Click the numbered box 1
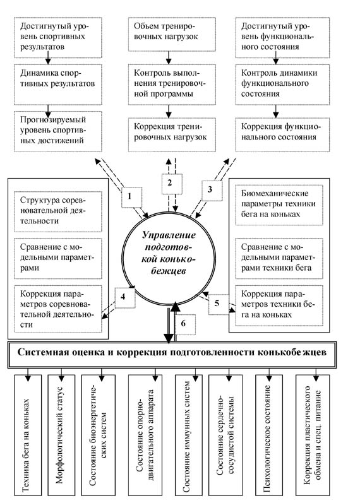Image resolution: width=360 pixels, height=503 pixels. (131, 197)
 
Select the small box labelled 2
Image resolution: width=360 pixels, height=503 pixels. (172, 184)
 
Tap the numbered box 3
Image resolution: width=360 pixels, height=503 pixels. (212, 191)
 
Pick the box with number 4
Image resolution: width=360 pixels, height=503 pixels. (125, 298)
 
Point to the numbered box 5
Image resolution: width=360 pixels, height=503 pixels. (219, 304)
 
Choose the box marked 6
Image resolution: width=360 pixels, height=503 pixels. (185, 324)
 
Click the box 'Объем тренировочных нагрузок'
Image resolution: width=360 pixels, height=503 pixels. (172, 34)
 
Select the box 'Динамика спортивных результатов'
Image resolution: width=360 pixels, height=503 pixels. (58, 85)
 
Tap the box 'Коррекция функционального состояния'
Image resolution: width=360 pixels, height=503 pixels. (282, 134)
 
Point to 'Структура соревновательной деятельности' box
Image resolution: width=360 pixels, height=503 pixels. (58, 211)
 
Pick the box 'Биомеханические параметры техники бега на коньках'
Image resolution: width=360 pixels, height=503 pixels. (279, 205)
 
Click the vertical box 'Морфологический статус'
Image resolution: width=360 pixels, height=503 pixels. (61, 435)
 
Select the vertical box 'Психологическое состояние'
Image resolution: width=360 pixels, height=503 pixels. (269, 435)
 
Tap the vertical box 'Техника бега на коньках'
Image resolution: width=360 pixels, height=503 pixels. (28, 435)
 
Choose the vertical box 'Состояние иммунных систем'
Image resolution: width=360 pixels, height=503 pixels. (188, 435)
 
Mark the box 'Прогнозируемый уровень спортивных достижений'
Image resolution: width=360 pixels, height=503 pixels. (58, 131)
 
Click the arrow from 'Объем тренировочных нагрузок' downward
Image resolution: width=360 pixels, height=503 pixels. (169, 57)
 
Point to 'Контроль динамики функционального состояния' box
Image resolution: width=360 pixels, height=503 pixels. (282, 85)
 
